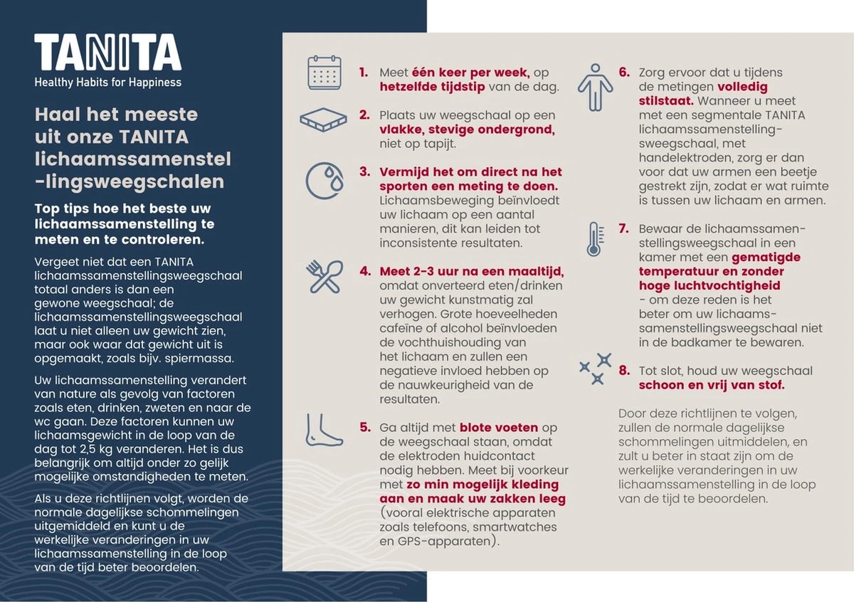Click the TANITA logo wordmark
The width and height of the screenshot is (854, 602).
pyautogui.click(x=107, y=53)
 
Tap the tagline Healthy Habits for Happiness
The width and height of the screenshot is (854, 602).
pyautogui.click(x=107, y=83)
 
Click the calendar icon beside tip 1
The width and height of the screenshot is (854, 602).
pyautogui.click(x=325, y=73)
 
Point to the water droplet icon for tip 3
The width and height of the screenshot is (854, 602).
pyautogui.click(x=325, y=179)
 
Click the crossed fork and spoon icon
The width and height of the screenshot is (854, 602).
pyautogui.click(x=325, y=277)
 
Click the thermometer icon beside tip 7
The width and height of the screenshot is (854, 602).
pyautogui.click(x=594, y=238)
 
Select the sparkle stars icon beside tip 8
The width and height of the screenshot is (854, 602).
pyautogui.click(x=595, y=369)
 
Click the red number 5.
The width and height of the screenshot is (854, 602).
pyautogui.click(x=364, y=428)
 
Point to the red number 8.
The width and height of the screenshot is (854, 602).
pyautogui.click(x=624, y=371)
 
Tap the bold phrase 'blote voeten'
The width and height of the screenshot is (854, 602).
pyautogui.click(x=500, y=428)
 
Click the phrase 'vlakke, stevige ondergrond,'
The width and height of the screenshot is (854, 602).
pyautogui.click(x=467, y=130)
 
